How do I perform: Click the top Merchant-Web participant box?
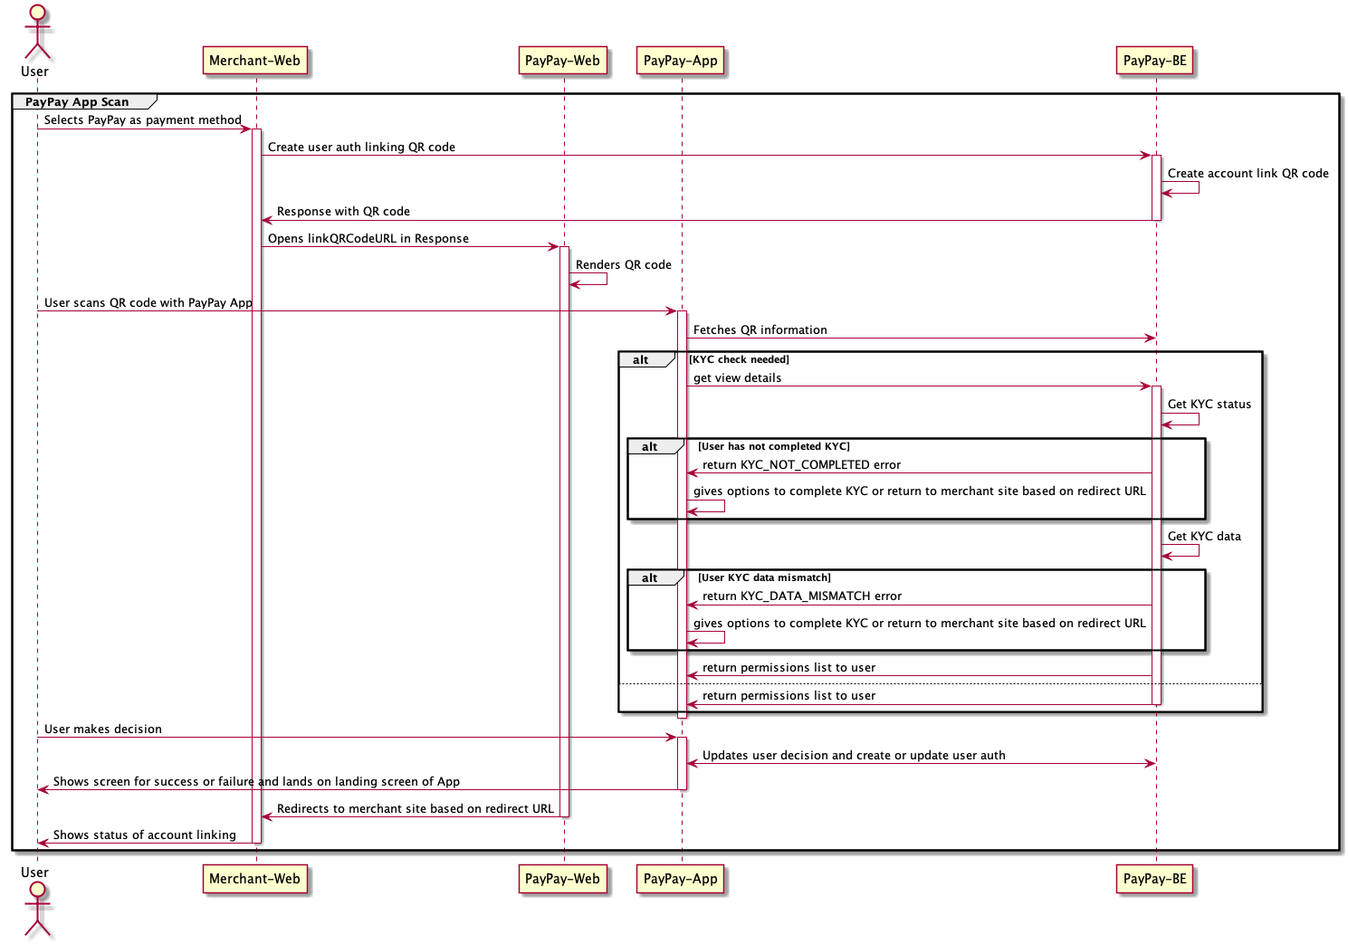pyautogui.click(x=254, y=61)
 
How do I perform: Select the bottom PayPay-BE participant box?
pyautogui.click(x=1154, y=878)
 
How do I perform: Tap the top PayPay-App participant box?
pyautogui.click(x=680, y=61)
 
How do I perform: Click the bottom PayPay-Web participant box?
pyautogui.click(x=562, y=878)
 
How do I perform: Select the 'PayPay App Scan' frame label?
pyautogui.click(x=77, y=102)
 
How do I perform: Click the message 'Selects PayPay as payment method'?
pyautogui.click(x=142, y=120)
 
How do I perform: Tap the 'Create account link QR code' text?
pyautogui.click(x=1248, y=174)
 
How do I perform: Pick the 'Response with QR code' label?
pyautogui.click(x=343, y=212)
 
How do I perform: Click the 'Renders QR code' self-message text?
pyautogui.click(x=623, y=265)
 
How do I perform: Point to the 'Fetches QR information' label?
pyautogui.click(x=760, y=330)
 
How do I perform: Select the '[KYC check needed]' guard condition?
pyautogui.click(x=739, y=360)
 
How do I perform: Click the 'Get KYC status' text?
pyautogui.click(x=1209, y=405)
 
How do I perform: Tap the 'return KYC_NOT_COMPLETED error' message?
pyautogui.click(x=801, y=465)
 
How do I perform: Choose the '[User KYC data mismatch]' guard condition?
pyautogui.click(x=764, y=578)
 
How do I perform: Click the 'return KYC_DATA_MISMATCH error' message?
pyautogui.click(x=801, y=596)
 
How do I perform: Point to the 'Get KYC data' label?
pyautogui.click(x=1203, y=537)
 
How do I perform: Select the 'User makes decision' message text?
pyautogui.click(x=103, y=729)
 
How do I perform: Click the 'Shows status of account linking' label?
pyautogui.click(x=144, y=835)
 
